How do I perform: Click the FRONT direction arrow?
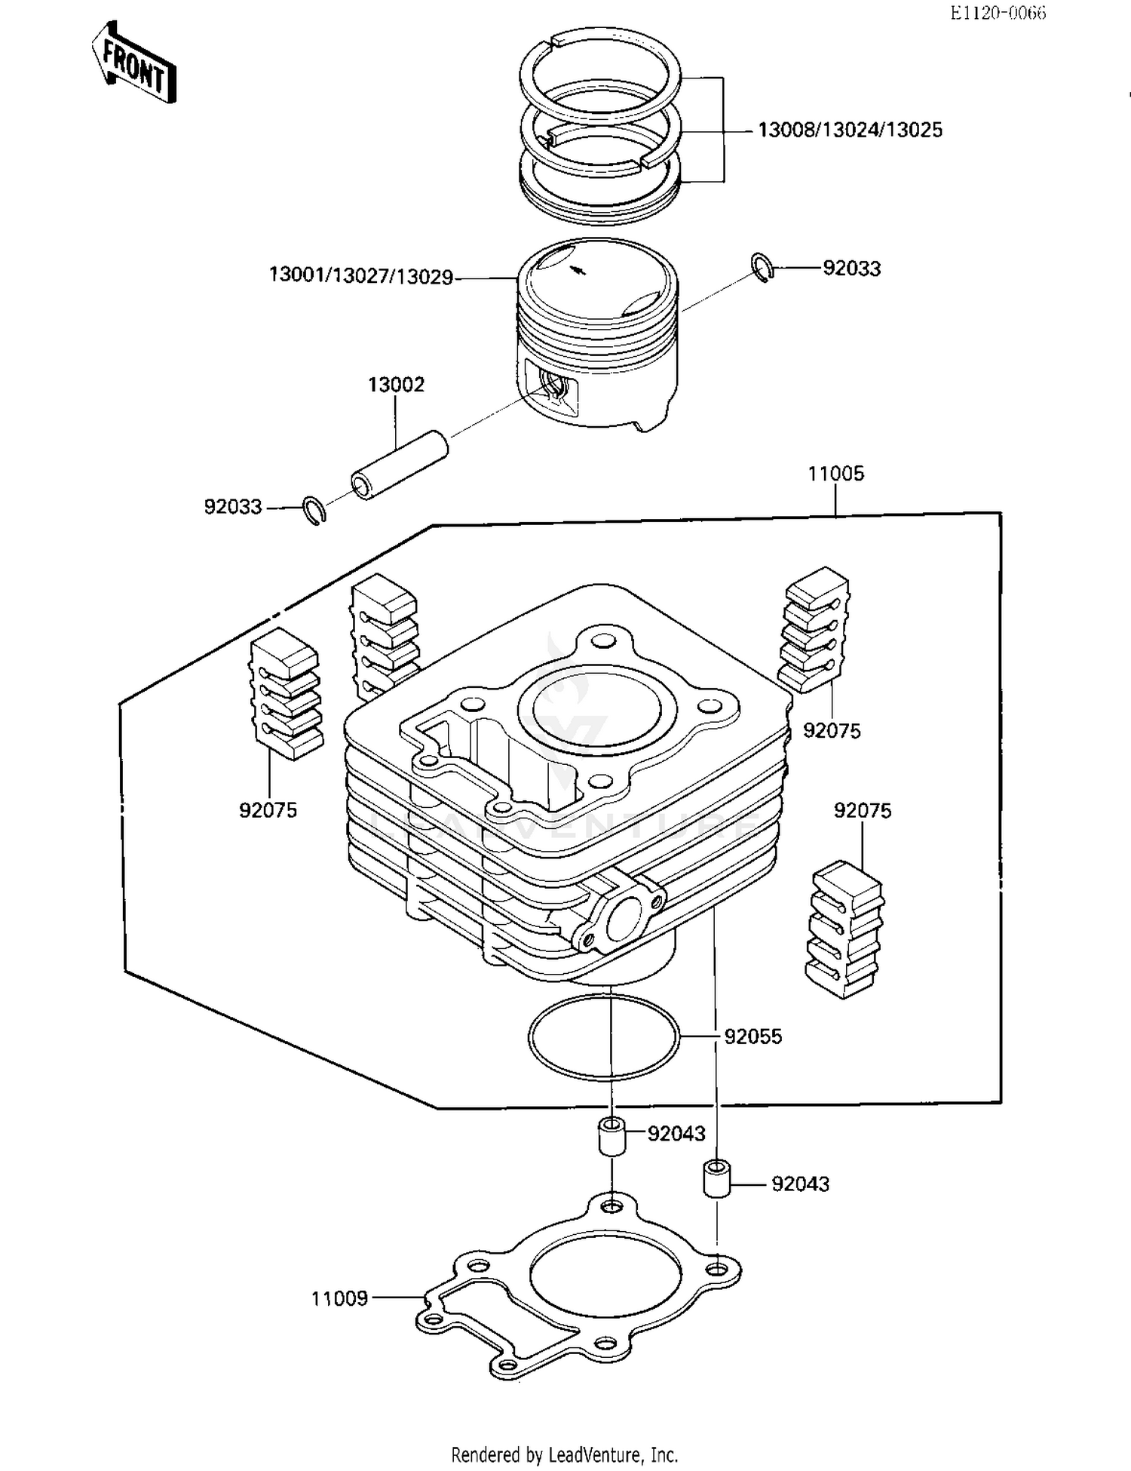pos(134,64)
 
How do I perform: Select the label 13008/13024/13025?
pos(850,131)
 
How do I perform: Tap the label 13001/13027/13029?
pos(361,276)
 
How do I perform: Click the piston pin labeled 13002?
pos(400,463)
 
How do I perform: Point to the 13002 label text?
pos(396,385)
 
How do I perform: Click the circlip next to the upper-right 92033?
pos(762,269)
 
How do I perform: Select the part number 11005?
pos(835,474)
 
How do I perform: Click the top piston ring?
pos(599,75)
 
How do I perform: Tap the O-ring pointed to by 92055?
pos(603,1036)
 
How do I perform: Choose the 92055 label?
pos(752,1036)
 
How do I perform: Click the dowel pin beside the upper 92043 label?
pos(611,1137)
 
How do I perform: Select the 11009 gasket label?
pos(339,1298)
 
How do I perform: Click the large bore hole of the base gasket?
pos(605,1276)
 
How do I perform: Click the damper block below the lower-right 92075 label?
pos(847,929)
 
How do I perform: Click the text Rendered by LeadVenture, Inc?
pos(564,1454)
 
